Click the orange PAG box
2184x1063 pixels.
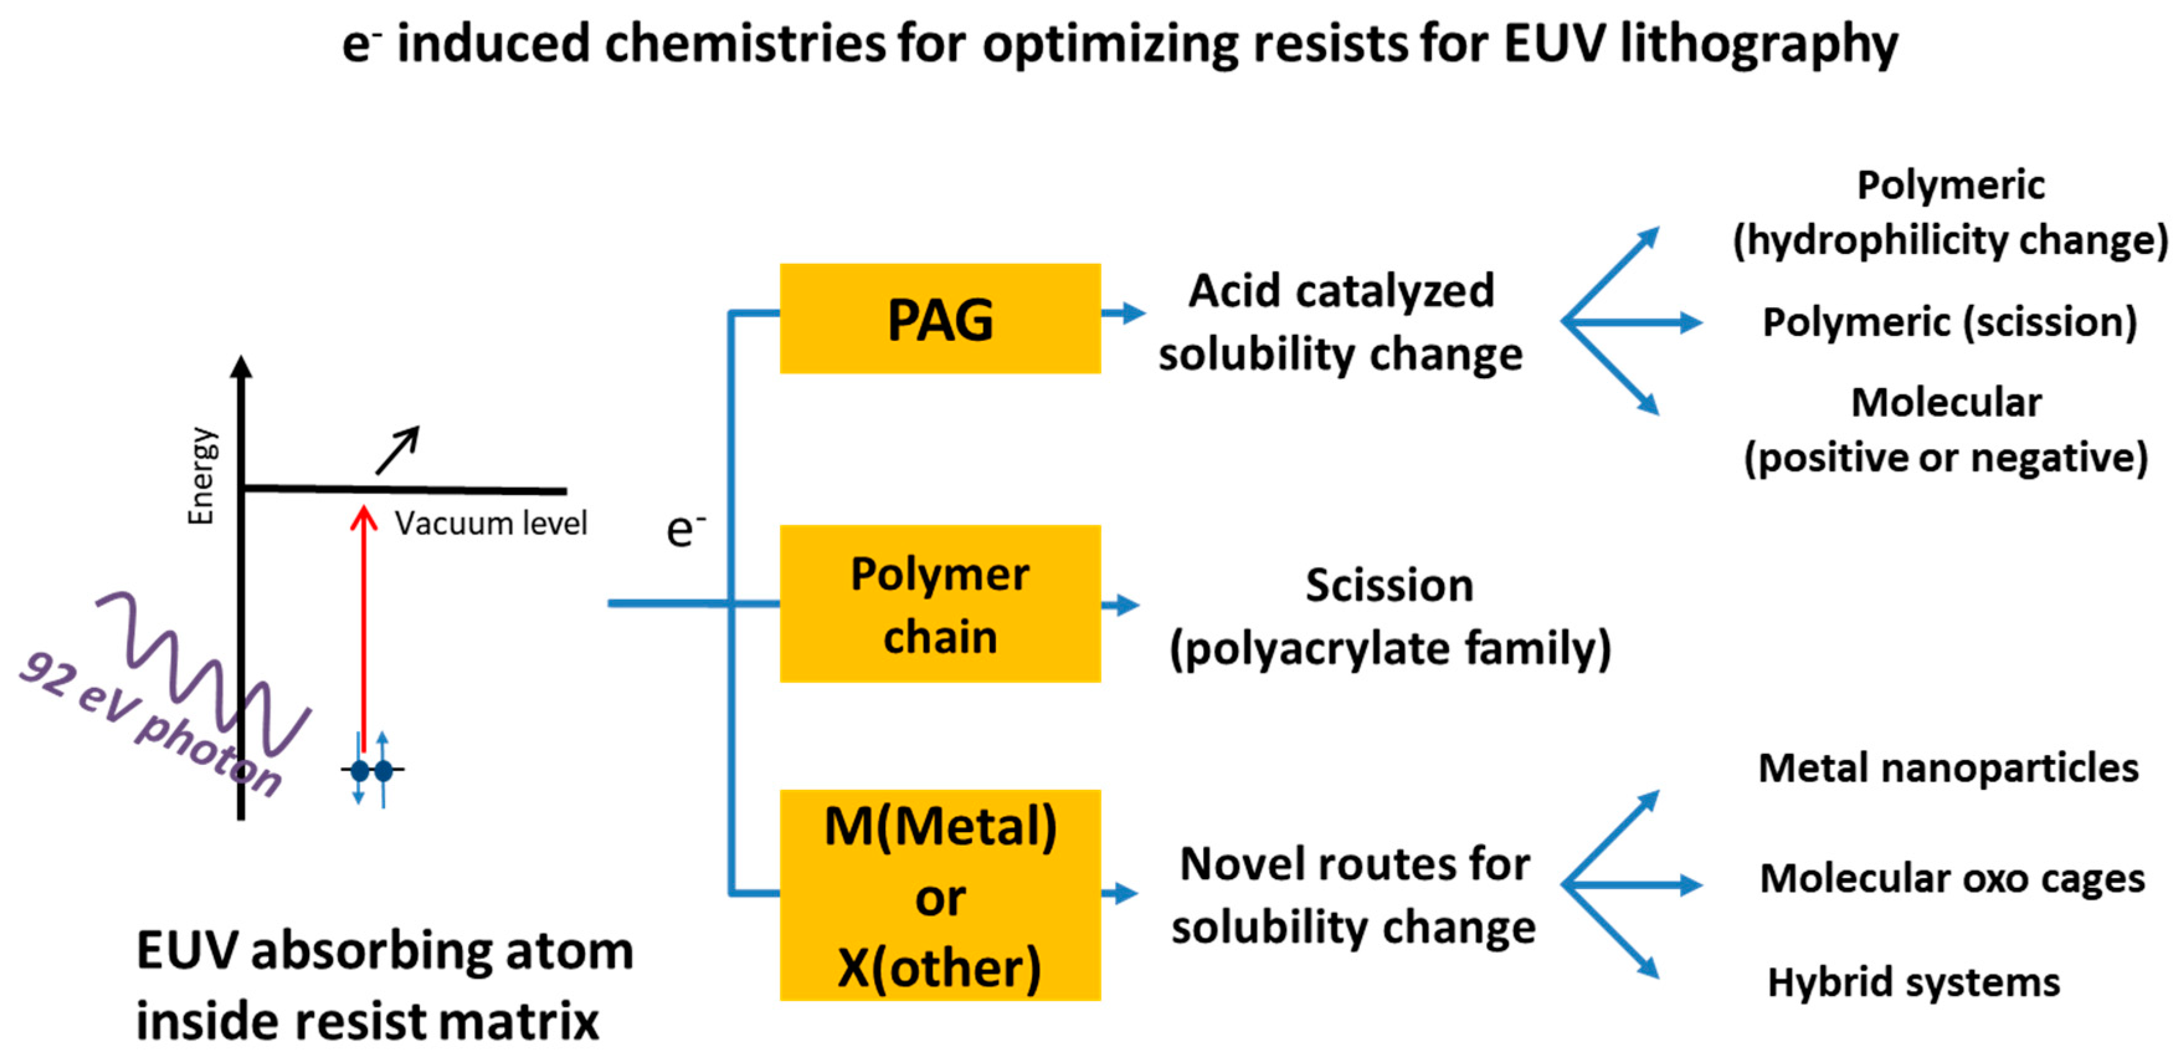tap(939, 319)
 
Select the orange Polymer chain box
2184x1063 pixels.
tap(939, 604)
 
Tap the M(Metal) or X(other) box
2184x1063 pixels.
tap(939, 895)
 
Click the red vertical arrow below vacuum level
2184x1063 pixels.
tap(364, 627)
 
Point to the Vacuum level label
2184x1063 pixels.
tap(490, 523)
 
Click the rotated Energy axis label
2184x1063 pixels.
tap(202, 476)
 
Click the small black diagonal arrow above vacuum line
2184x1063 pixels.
tap(398, 450)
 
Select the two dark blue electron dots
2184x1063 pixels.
tap(371, 771)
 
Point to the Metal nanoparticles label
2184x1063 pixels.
tap(1947, 768)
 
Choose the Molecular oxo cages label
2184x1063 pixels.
tap(1952, 878)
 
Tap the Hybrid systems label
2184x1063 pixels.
tap(1913, 982)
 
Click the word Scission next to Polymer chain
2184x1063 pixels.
tap(1389, 586)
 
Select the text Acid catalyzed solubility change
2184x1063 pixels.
tap(1340, 322)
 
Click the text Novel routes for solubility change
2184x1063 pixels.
tap(1353, 895)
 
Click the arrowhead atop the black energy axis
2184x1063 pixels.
tap(241, 366)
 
